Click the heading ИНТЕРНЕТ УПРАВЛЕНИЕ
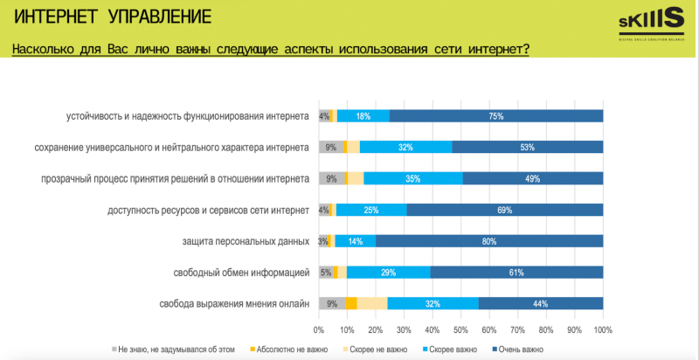point(113,17)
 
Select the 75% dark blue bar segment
point(496,116)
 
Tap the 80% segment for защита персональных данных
point(489,241)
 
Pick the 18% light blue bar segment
point(363,116)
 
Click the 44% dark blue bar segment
point(541,303)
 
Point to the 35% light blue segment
point(413,178)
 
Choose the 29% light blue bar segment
point(389,273)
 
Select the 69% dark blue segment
point(505,210)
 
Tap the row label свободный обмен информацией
point(243,273)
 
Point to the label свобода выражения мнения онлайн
point(234,304)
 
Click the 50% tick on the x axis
point(460,330)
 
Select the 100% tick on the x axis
point(602,330)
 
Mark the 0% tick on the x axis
point(319,330)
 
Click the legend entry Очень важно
point(523,350)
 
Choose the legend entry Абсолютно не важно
point(285,350)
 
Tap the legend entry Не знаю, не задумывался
point(174,350)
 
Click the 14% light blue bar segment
point(355,241)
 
